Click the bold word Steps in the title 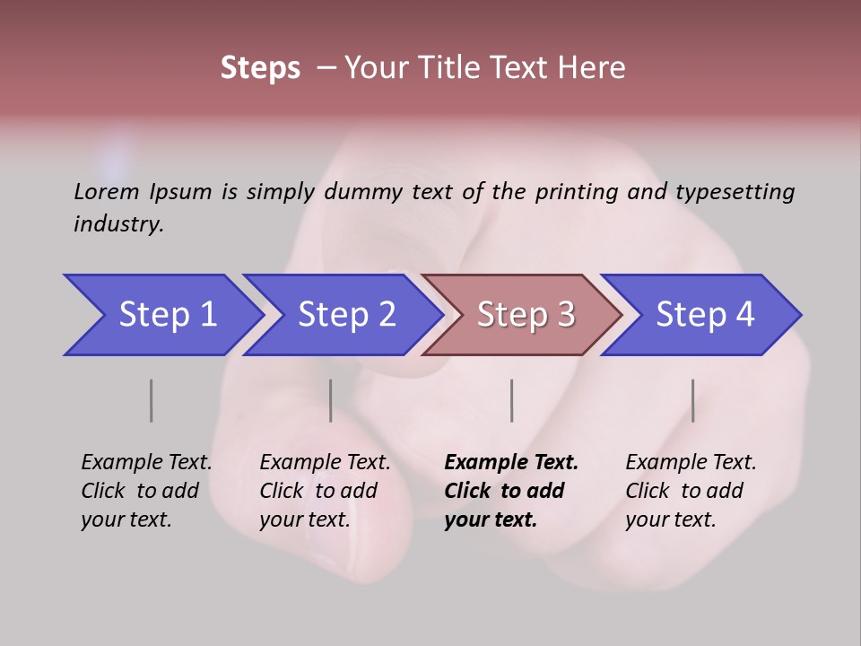(260, 68)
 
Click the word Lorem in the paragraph (106, 191)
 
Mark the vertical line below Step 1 (151, 400)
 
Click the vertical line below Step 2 (330, 400)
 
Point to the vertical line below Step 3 (511, 400)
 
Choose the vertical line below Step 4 (692, 400)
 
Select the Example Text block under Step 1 (146, 491)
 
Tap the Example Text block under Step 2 (325, 491)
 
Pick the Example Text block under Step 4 (691, 491)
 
